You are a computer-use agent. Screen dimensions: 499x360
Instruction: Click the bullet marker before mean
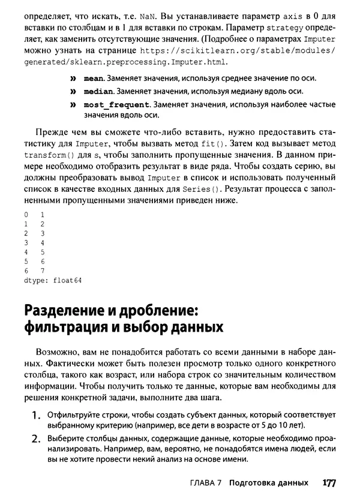click(x=74, y=79)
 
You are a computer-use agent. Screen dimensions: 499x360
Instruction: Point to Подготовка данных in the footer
click(x=272, y=483)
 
